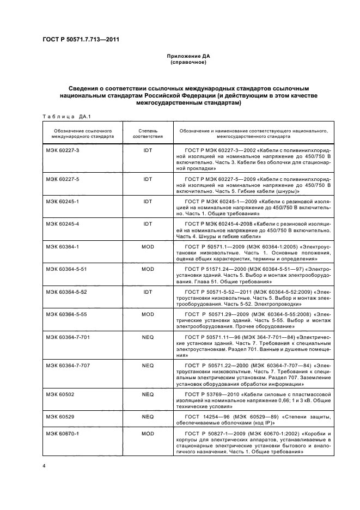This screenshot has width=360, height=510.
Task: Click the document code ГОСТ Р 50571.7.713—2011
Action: (81, 40)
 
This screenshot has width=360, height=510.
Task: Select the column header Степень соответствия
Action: (148, 133)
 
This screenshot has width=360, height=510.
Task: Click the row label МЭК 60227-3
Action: (63, 150)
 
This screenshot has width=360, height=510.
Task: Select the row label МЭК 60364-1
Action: (63, 246)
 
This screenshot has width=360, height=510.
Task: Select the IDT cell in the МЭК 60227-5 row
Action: (148, 179)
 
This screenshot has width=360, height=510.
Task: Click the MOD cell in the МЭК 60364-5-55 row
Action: (148, 314)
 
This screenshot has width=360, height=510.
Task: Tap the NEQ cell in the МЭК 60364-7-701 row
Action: (148, 337)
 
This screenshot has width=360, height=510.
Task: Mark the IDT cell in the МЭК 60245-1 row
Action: (148, 201)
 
